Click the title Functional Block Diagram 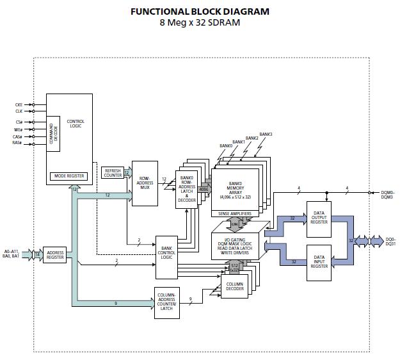(200, 12)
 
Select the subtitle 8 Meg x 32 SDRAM (200, 23)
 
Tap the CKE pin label (19, 104)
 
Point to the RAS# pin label (18, 143)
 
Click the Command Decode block (54, 133)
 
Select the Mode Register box (69, 176)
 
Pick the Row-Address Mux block (145, 183)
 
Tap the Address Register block (55, 255)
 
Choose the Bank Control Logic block (168, 257)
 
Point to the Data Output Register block (319, 218)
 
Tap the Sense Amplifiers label (235, 213)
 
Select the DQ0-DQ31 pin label (390, 242)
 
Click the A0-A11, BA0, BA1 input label (13, 253)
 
